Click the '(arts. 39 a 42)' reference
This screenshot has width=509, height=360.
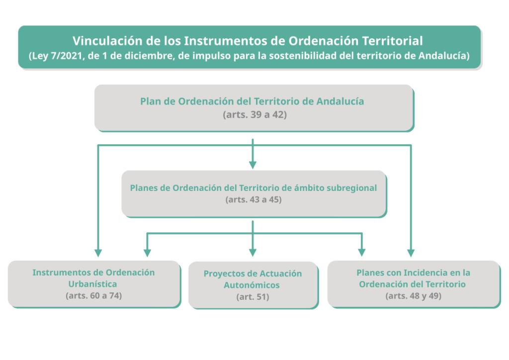(254, 114)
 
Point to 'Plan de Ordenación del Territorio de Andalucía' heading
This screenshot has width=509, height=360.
(252, 101)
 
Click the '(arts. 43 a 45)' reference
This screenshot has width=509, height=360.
(254, 200)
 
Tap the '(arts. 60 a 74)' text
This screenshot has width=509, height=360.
(93, 295)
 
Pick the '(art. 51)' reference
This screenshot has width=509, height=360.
(253, 297)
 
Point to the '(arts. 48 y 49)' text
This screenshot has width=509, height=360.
(414, 295)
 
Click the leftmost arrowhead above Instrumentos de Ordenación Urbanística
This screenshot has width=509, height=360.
(98, 252)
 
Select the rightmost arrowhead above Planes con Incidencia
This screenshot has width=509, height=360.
(411, 252)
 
